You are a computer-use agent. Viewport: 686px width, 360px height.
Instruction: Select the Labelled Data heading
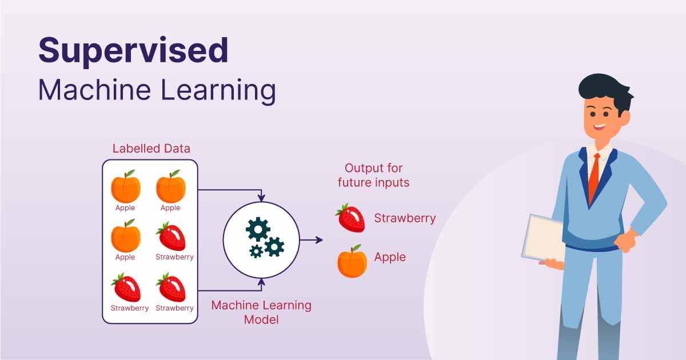pyautogui.click(x=151, y=149)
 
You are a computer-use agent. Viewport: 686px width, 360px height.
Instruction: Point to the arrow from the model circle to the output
pyautogui.click(x=311, y=240)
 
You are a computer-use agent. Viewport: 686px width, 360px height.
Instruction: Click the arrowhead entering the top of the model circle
pyautogui.click(x=261, y=198)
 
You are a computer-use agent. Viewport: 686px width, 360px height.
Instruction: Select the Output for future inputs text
pyautogui.click(x=373, y=175)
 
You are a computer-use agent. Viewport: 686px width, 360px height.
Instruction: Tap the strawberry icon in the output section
pyautogui.click(x=350, y=218)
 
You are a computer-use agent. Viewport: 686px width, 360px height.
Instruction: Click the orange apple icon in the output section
pyautogui.click(x=352, y=262)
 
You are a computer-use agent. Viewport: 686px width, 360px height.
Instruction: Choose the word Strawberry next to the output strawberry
pyautogui.click(x=405, y=218)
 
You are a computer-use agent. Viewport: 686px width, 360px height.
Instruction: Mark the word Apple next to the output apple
pyautogui.click(x=390, y=257)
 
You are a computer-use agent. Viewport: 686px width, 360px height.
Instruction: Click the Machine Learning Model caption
pyautogui.click(x=261, y=312)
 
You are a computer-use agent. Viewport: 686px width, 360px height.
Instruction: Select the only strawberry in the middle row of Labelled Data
pyautogui.click(x=171, y=237)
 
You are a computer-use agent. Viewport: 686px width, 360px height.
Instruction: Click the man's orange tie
pyautogui.click(x=594, y=177)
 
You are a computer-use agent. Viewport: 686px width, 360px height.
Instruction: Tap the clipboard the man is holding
pyautogui.click(x=543, y=237)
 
